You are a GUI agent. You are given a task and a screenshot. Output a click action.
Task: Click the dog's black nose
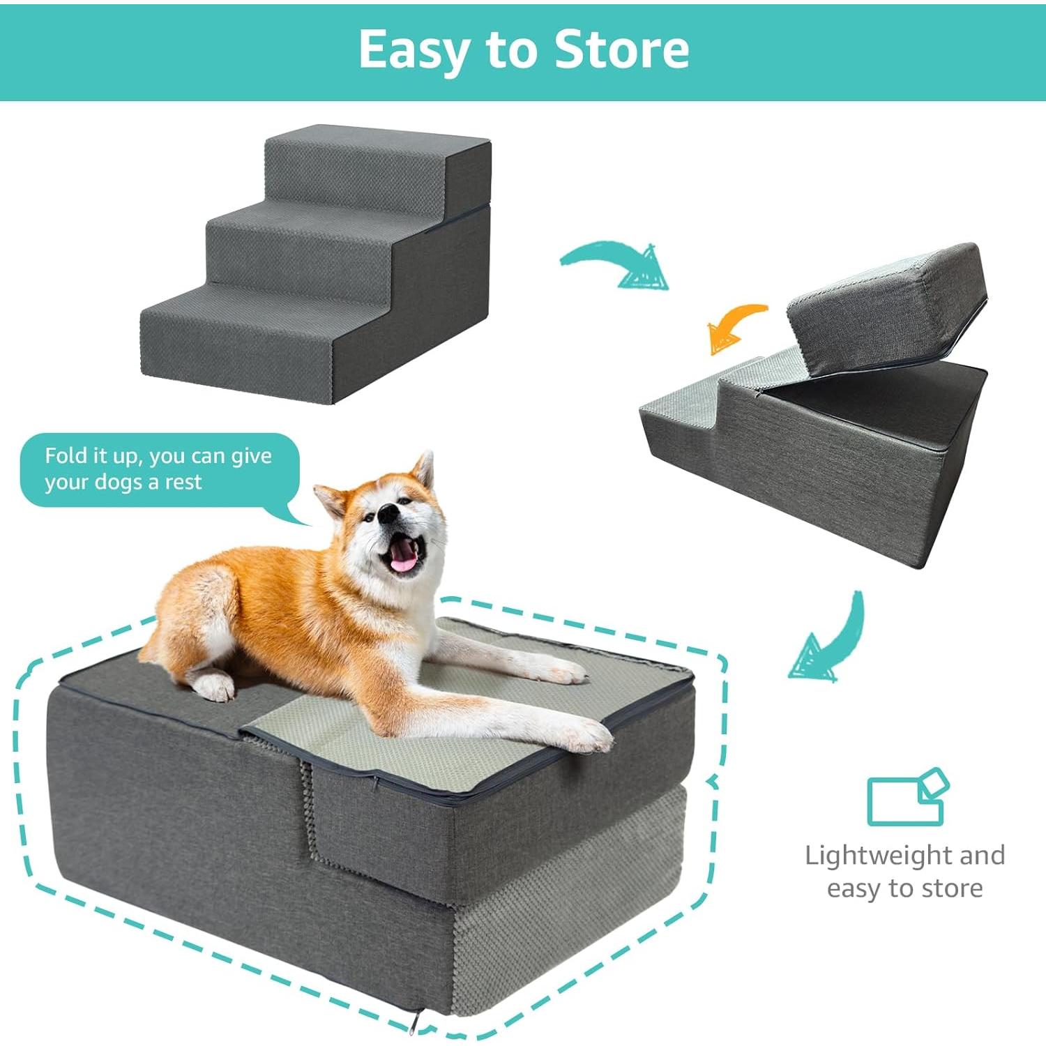pos(388,515)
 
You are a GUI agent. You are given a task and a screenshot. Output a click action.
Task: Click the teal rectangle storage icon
pos(907,798)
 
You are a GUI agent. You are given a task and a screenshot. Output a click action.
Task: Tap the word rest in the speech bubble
pos(183,483)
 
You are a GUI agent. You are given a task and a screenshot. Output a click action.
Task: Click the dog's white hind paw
pos(213,687)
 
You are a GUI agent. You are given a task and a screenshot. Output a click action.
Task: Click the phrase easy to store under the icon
pos(904,888)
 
